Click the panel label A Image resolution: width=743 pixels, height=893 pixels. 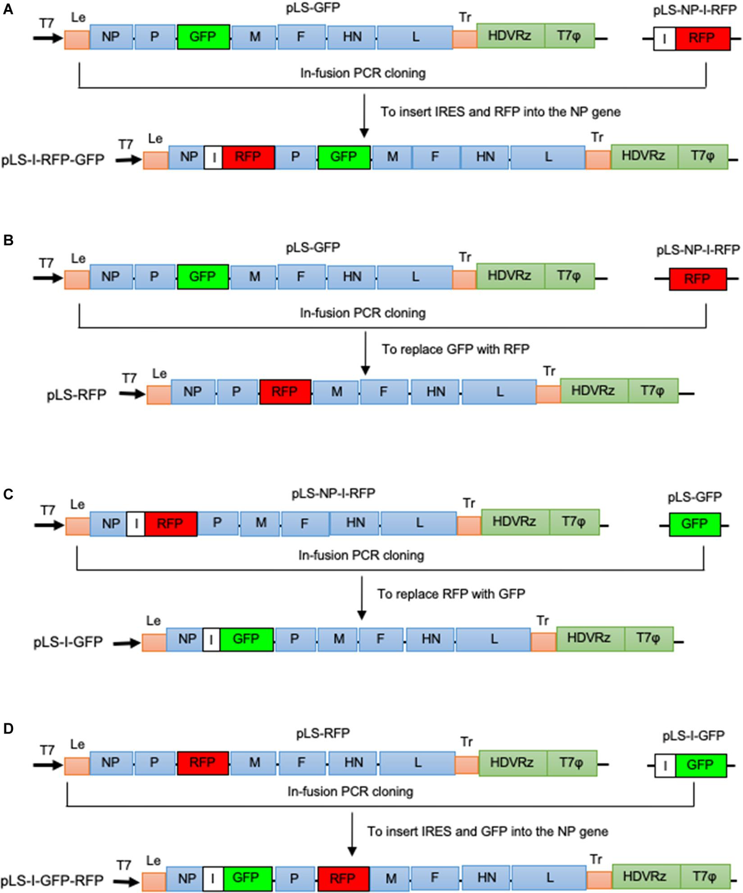click(8, 9)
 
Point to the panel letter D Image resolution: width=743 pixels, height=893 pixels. click(8, 729)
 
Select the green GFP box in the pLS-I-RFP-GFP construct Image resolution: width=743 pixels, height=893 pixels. click(344, 157)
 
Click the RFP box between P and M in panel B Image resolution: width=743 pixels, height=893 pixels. click(285, 392)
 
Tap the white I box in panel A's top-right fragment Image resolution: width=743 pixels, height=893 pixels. click(664, 38)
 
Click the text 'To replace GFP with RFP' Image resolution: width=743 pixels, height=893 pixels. click(455, 349)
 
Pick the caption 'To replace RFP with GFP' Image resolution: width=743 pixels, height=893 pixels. click(451, 594)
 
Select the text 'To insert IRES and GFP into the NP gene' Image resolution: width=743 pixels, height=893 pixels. click(487, 831)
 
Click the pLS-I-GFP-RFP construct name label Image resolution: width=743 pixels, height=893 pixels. click(52, 880)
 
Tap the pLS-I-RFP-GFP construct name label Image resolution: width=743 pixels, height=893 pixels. click(53, 160)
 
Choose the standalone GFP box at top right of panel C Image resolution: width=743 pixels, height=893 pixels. click(694, 524)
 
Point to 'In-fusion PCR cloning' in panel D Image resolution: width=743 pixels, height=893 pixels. click(350, 791)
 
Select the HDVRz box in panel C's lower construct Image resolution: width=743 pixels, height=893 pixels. click(588, 638)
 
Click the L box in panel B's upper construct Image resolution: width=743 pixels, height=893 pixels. click(415, 277)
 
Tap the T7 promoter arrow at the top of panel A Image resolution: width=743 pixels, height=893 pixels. click(48, 38)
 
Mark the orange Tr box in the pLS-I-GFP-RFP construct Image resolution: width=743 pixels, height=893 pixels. click(599, 879)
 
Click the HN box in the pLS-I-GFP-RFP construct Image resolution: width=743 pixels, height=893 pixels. click(487, 878)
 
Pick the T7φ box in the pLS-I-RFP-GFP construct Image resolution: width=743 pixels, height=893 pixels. click(702, 157)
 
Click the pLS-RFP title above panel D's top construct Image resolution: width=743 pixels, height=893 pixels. click(323, 733)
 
